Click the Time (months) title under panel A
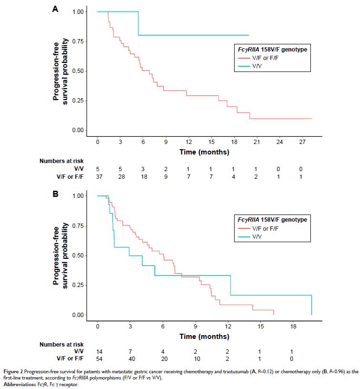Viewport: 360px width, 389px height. pos(204,153)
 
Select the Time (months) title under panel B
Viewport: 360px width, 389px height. pos(204,337)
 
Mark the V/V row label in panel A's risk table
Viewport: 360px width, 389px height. pos(77,169)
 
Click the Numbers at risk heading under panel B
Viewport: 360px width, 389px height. pos(62,344)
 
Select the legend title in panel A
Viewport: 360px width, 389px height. pos(273,49)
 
